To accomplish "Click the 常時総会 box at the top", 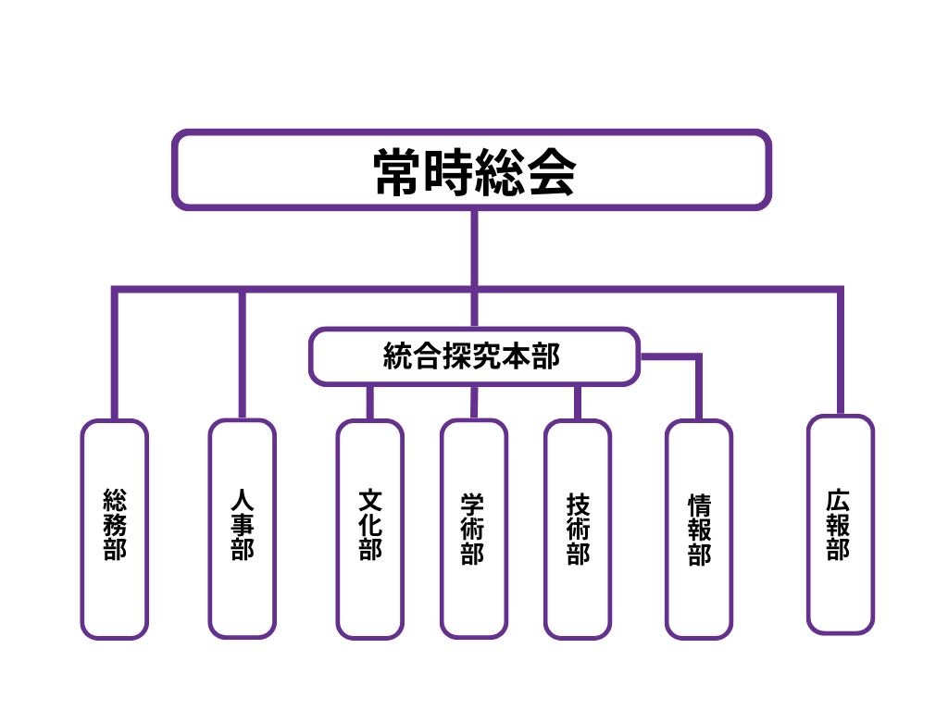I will [x=471, y=170].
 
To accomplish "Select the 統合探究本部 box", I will [x=474, y=356].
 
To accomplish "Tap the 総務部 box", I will [x=115, y=530].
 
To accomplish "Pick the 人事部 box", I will [x=243, y=529].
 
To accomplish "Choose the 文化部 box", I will [x=369, y=530].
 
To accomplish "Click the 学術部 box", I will [x=473, y=529].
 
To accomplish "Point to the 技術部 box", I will [x=578, y=530].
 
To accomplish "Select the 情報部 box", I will [x=699, y=530].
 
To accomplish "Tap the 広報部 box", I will [x=840, y=525].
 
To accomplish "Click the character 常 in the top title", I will [x=398, y=172].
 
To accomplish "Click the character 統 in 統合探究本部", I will [x=397, y=356].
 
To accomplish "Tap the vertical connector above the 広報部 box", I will [x=840, y=352].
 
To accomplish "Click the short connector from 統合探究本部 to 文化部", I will [x=369, y=403].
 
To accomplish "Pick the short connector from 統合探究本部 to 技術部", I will [x=578, y=403].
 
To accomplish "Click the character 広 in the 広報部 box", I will [x=840, y=501].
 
